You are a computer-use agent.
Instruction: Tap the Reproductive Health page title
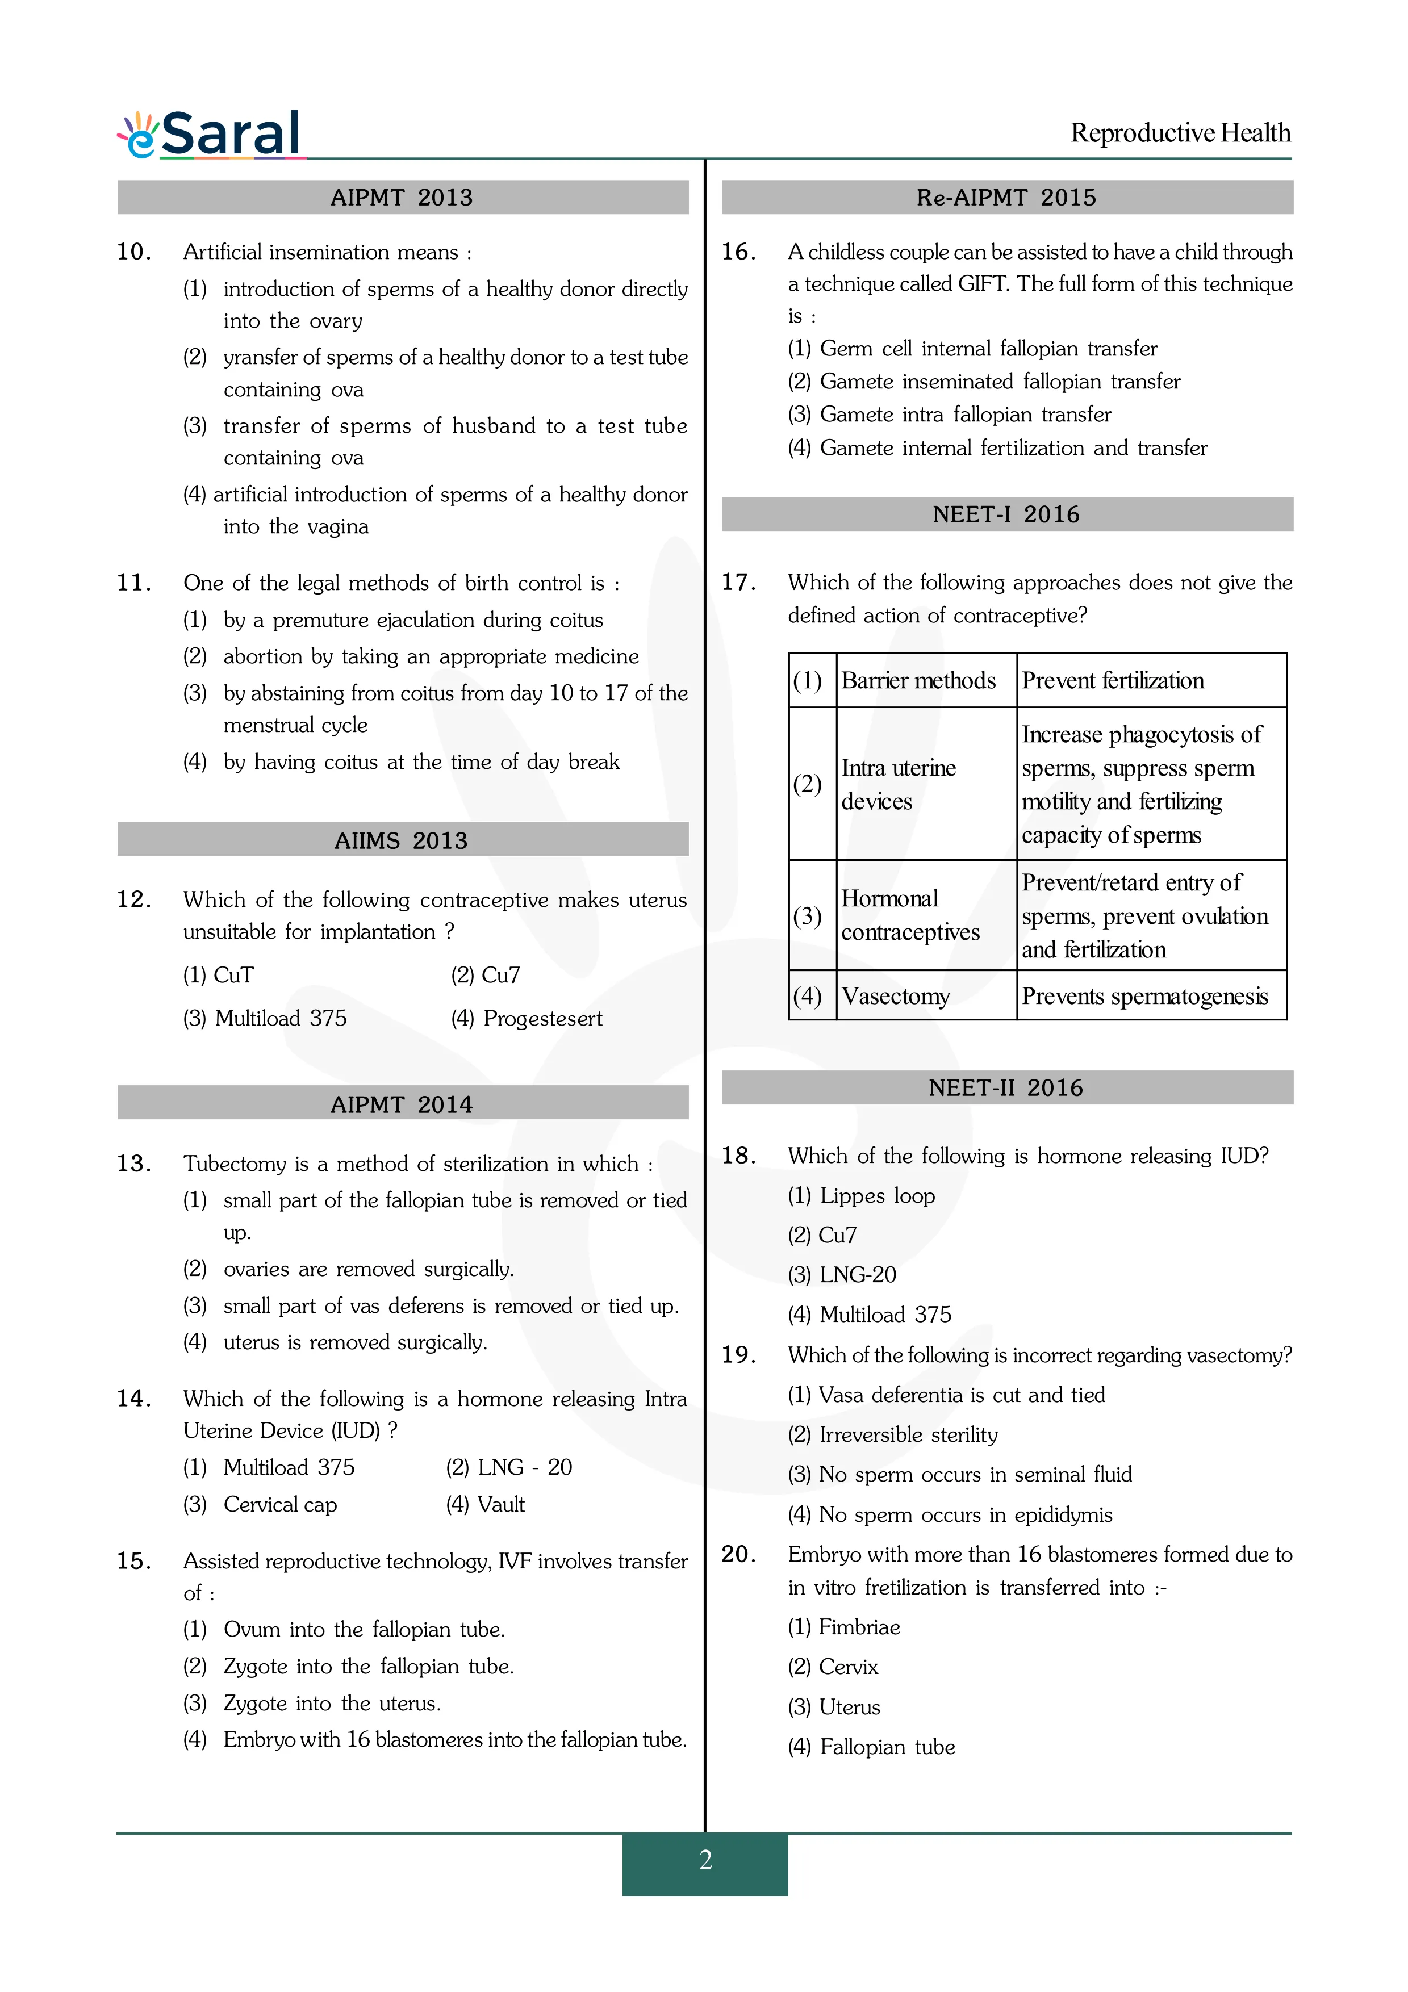tap(1180, 133)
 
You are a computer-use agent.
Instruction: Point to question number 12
tap(135, 899)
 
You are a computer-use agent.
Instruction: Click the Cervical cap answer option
tap(279, 1504)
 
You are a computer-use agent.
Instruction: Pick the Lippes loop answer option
tap(862, 1195)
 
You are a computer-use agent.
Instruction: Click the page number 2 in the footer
tap(705, 1859)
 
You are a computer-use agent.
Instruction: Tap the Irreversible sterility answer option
tap(893, 1434)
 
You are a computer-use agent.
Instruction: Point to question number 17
tap(739, 582)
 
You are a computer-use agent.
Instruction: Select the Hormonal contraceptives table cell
tap(910, 915)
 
